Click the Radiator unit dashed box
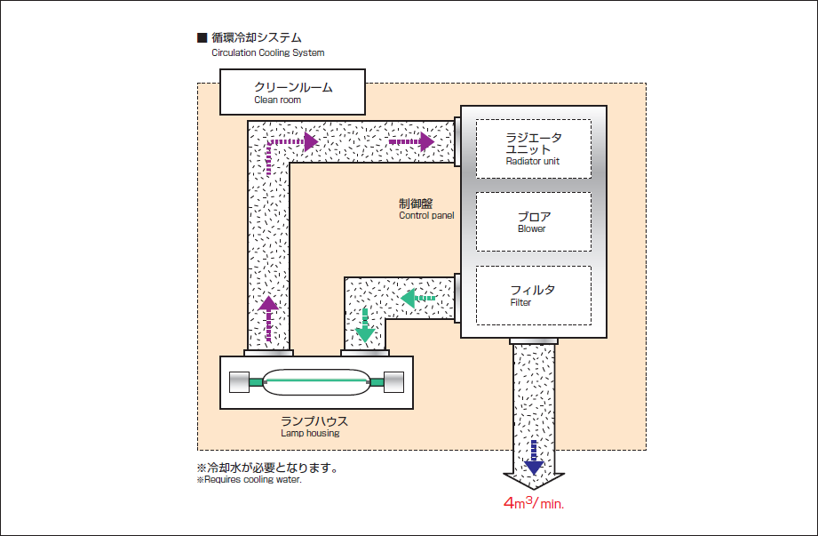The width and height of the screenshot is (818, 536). [533, 148]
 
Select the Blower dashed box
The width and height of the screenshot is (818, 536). [533, 221]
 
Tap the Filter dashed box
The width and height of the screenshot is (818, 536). [533, 295]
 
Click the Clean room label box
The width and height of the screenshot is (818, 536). [293, 92]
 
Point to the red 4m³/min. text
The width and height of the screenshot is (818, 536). [535, 503]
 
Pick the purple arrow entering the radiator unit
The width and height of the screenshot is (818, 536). [412, 140]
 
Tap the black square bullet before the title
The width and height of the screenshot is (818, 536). [202, 38]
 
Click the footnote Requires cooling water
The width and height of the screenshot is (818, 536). [250, 481]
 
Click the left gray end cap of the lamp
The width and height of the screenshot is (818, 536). [240, 381]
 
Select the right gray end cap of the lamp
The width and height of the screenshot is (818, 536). [392, 381]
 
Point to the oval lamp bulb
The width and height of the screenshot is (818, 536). [315, 381]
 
